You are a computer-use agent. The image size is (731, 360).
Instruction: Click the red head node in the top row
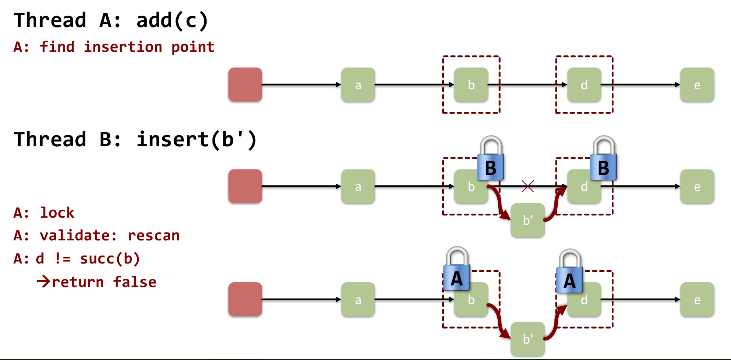coord(245,85)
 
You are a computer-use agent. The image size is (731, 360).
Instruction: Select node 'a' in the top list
coord(358,85)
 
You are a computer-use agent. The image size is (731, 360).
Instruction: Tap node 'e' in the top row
coord(697,85)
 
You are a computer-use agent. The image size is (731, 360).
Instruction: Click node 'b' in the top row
coord(471,85)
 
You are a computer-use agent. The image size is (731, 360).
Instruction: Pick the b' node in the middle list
coord(528,220)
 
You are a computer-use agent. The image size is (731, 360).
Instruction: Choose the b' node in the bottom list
coord(528,339)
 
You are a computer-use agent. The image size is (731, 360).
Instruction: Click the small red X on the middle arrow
coord(528,186)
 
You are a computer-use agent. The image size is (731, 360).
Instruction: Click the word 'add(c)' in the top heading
coord(172,20)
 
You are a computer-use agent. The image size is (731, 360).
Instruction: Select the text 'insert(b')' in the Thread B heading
coord(197,140)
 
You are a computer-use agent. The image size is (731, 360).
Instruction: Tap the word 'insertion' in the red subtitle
coord(123,47)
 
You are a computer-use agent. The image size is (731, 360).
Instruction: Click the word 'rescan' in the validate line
coord(154,236)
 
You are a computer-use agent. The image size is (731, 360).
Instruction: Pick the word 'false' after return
coord(135,282)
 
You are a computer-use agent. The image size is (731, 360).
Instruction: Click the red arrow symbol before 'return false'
coord(43,282)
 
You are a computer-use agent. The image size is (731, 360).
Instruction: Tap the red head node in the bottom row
coord(245,299)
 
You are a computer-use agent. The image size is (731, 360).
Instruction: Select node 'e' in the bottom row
coord(697,299)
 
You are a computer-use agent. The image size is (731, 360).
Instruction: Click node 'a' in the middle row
coord(358,186)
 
